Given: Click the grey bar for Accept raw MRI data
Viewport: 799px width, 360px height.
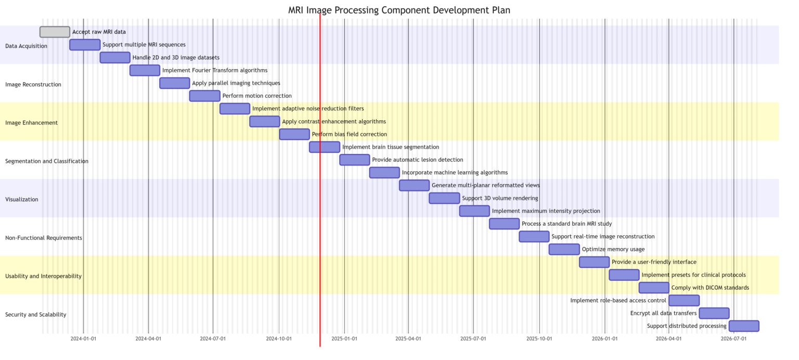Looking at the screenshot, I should click(x=55, y=32).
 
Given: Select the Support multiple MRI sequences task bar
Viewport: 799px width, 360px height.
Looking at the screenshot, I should click(x=85, y=45).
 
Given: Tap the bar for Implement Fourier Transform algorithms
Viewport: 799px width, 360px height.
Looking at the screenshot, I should click(x=145, y=70).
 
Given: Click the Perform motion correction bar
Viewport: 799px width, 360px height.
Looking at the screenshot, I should click(x=204, y=96).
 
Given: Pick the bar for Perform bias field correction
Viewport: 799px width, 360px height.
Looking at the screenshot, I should click(x=294, y=134).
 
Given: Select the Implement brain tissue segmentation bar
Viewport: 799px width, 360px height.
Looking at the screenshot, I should click(x=325, y=147).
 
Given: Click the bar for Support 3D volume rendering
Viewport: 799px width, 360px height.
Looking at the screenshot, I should click(x=444, y=198).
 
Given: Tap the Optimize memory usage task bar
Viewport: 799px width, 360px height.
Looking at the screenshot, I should click(x=564, y=249).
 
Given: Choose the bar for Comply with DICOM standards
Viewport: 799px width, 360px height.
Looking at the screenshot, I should click(x=654, y=288).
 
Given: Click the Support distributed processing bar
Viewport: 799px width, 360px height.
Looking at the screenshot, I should click(x=744, y=326).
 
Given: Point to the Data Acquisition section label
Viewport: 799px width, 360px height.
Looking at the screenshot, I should click(x=26, y=46).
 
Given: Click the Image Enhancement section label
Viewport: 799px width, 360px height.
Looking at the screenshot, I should click(x=31, y=123).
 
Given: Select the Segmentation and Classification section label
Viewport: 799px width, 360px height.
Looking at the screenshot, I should click(x=47, y=161).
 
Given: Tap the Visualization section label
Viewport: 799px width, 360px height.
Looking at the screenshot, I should click(x=22, y=200).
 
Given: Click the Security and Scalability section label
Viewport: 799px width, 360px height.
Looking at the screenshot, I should click(x=36, y=315).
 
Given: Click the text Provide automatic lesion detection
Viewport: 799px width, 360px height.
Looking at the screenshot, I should click(x=417, y=160).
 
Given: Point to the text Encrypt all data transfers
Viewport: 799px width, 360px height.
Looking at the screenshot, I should click(x=663, y=313).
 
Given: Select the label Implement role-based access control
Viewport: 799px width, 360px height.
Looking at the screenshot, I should click(x=618, y=301).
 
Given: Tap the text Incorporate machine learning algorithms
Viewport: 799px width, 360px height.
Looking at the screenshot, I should click(x=455, y=173).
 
